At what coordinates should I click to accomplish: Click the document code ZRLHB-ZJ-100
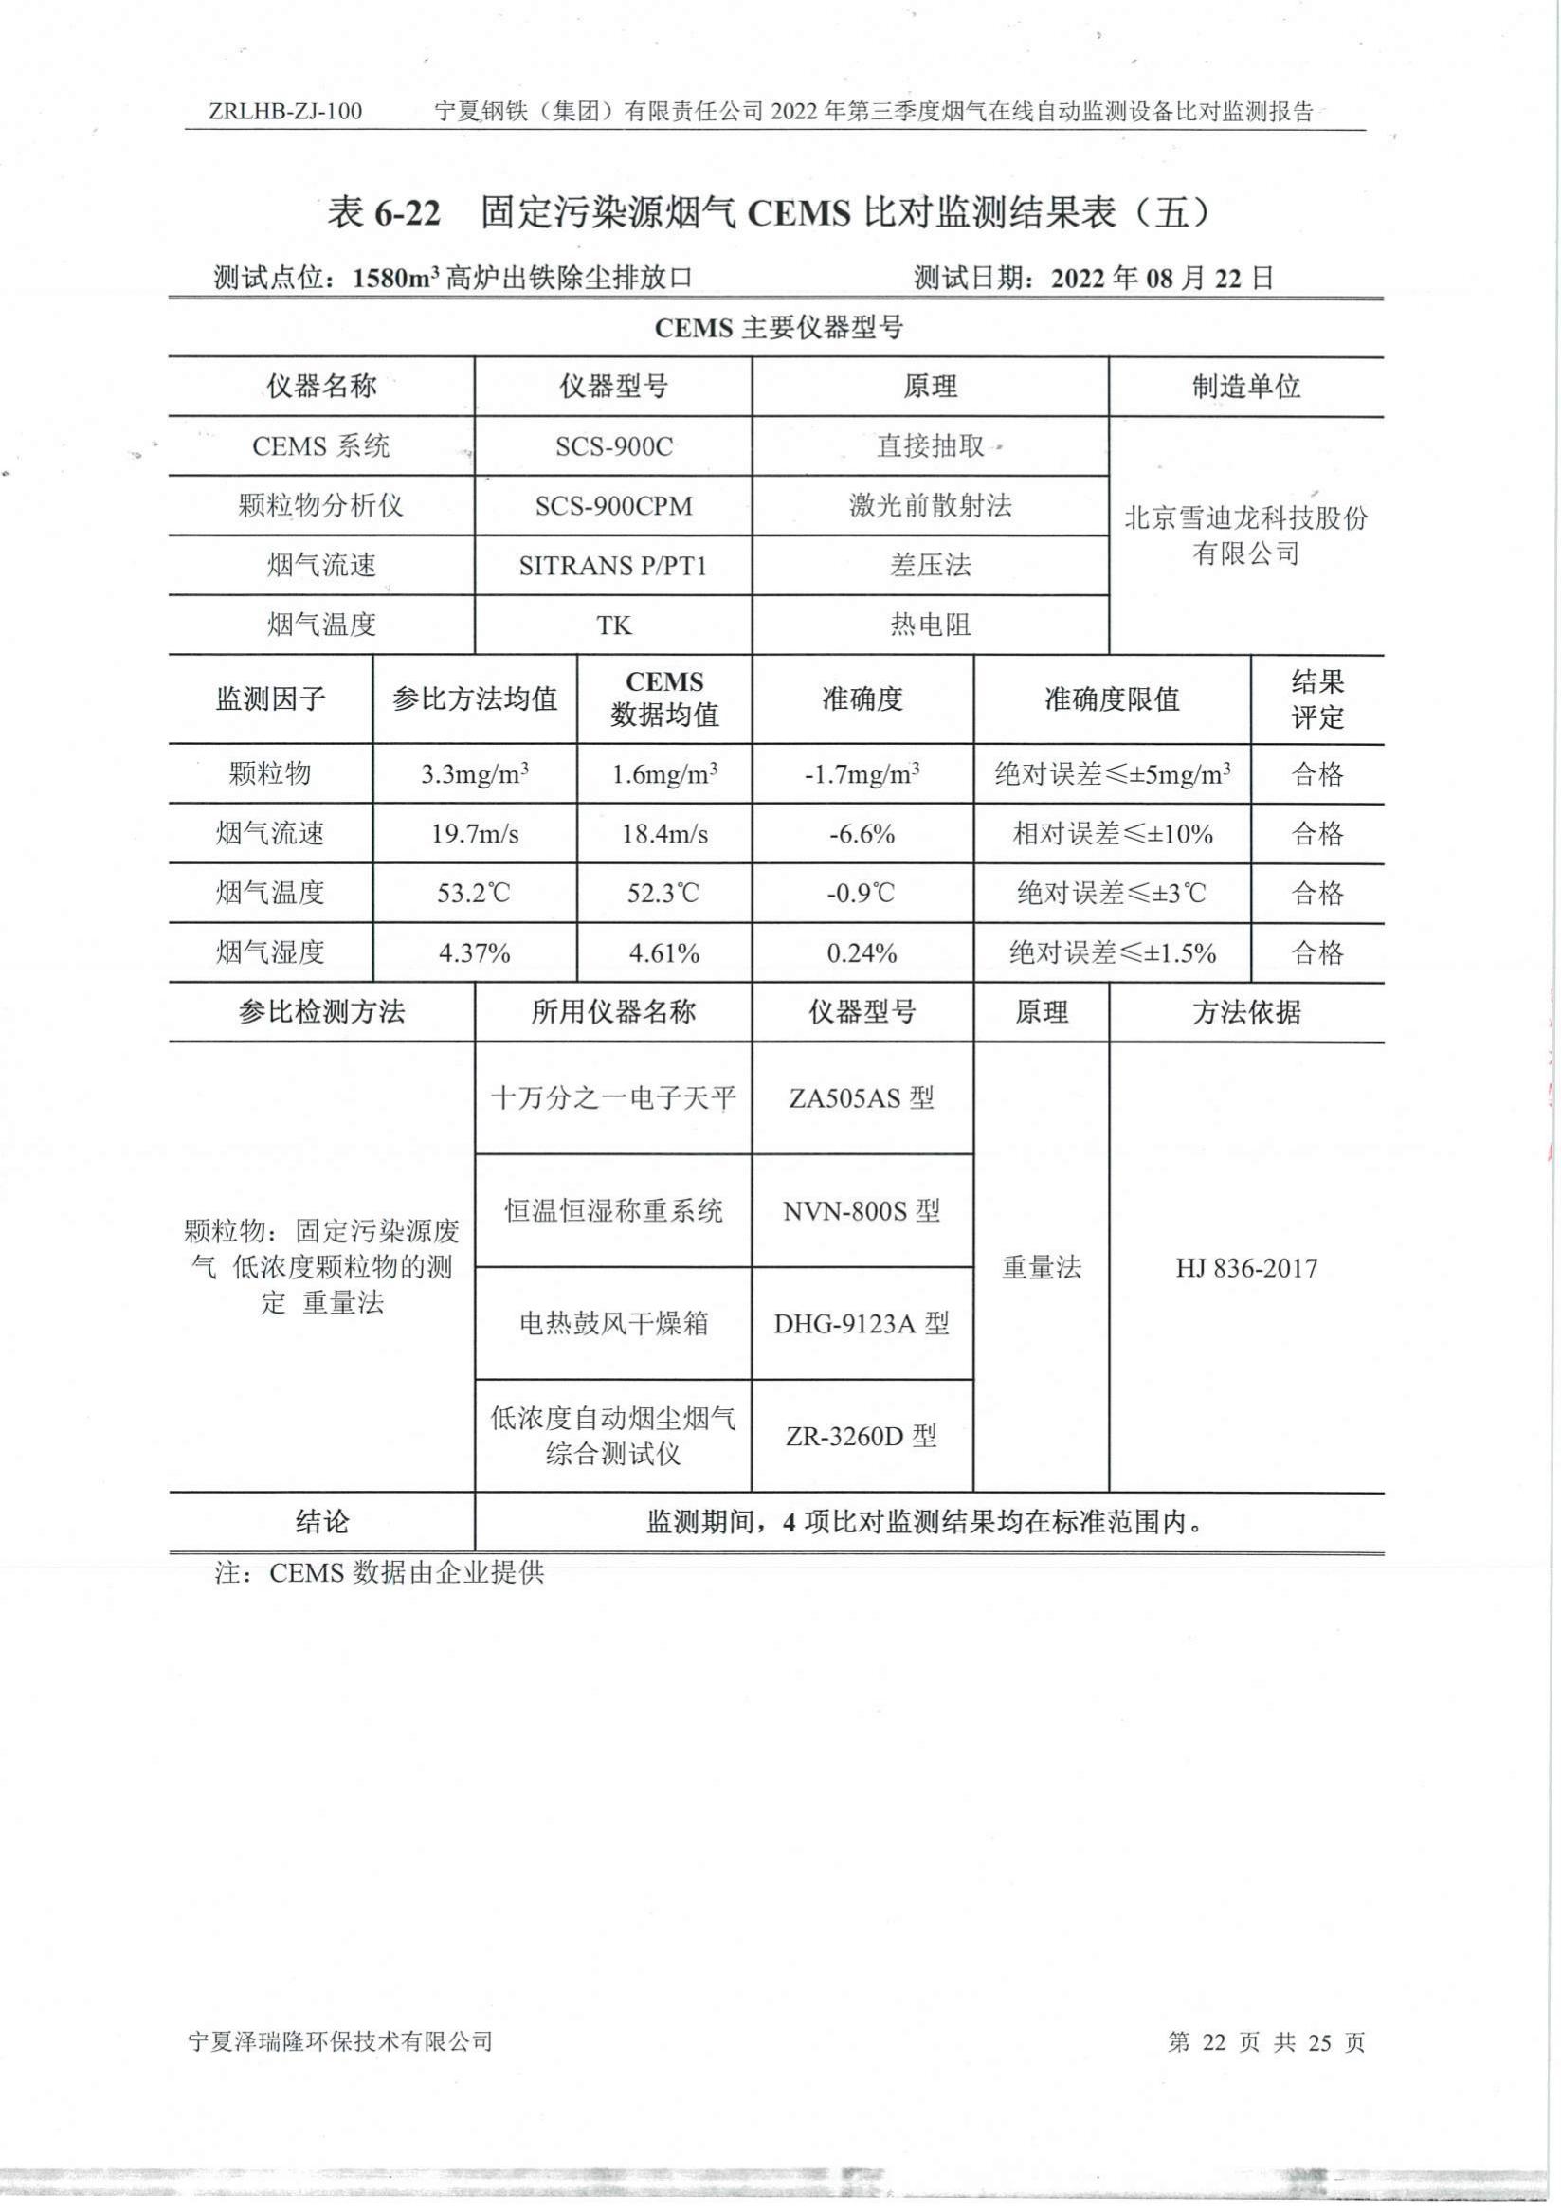(285, 112)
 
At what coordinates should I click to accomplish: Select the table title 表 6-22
(383, 213)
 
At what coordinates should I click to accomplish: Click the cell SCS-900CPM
(613, 506)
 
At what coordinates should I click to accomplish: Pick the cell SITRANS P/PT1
(613, 566)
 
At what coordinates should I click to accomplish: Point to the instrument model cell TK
(613, 625)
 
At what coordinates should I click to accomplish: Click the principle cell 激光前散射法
(929, 506)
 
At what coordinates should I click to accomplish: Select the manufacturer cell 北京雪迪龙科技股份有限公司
(1246, 535)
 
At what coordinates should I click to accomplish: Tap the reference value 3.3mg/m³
(475, 774)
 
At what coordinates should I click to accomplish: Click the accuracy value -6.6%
(862, 834)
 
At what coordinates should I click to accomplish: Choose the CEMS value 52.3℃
(663, 894)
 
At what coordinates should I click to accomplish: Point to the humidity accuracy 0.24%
(862, 953)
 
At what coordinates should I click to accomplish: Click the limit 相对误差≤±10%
(1113, 834)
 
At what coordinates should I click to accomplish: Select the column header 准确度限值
(1113, 699)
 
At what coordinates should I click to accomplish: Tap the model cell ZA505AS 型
(862, 1097)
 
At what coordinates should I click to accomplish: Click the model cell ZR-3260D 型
(862, 1437)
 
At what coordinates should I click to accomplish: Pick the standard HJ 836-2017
(1246, 1267)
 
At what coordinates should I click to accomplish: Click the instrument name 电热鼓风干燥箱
(613, 1324)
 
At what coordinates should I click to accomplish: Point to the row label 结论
(321, 1522)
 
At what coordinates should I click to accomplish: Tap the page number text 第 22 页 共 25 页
(1265, 2041)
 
